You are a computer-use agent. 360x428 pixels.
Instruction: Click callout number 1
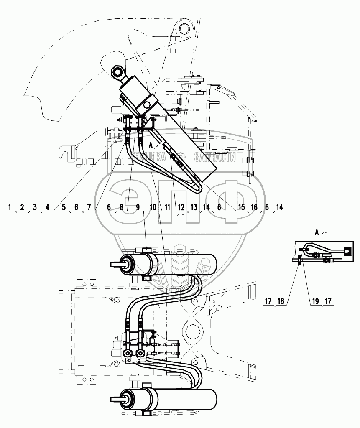(9, 207)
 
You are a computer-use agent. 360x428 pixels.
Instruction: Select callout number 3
(35, 207)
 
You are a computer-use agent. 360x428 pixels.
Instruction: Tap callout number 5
(63, 207)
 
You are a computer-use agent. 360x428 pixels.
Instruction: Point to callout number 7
(89, 207)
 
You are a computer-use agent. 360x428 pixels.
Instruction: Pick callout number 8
(122, 207)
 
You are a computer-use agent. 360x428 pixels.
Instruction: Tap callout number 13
(194, 207)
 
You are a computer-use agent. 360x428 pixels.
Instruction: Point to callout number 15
(241, 207)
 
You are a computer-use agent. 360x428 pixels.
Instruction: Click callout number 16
(255, 207)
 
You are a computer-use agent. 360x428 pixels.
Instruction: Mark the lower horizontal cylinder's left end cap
(127, 397)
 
